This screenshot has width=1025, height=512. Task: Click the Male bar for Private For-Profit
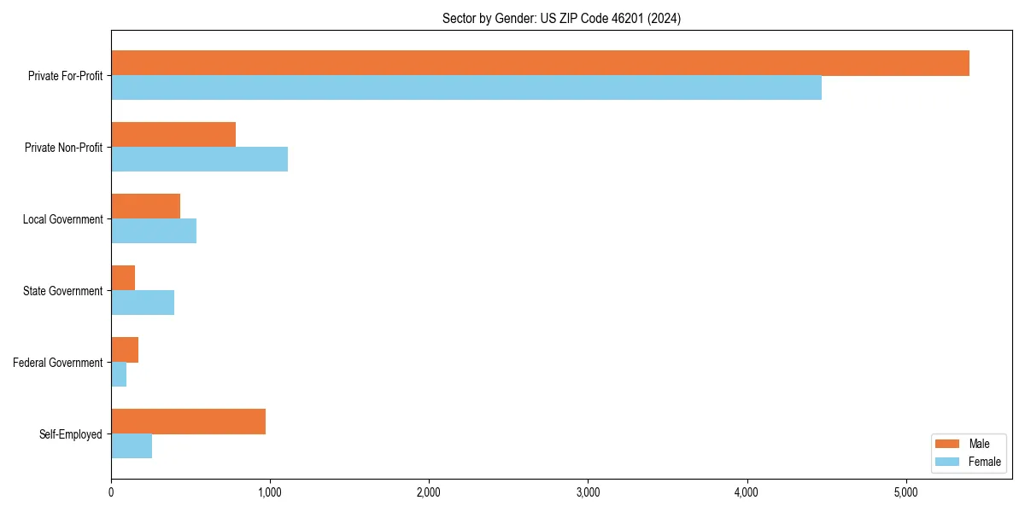click(540, 63)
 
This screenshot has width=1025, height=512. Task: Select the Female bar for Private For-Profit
click(466, 88)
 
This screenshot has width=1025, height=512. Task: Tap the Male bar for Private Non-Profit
click(173, 135)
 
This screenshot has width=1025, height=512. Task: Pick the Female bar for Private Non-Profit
click(199, 160)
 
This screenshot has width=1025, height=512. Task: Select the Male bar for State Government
click(123, 278)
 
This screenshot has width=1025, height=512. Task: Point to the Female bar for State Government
click(143, 303)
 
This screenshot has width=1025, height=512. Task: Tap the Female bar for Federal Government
click(119, 375)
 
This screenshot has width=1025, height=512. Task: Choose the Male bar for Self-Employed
click(188, 422)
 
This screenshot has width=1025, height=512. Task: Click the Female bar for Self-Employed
click(132, 446)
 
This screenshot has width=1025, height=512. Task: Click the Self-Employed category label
click(71, 434)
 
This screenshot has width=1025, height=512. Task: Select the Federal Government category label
click(58, 363)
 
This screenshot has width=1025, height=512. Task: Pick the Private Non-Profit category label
click(63, 148)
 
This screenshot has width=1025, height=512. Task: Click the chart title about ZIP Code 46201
click(561, 18)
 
